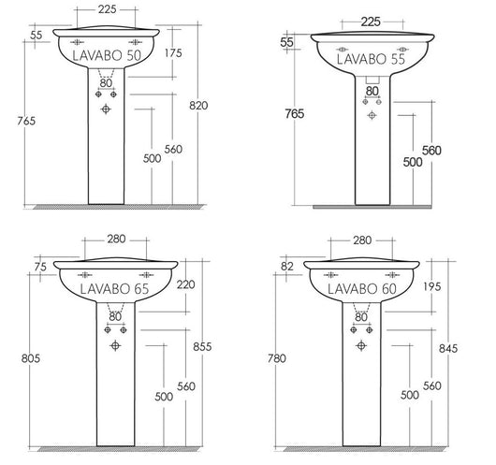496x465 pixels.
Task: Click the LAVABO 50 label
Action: click(108, 56)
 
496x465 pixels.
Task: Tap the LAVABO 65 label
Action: click(115, 290)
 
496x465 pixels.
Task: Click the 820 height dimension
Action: click(221, 105)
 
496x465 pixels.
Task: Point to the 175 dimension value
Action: click(172, 53)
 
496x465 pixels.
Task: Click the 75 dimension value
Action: click(39, 267)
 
